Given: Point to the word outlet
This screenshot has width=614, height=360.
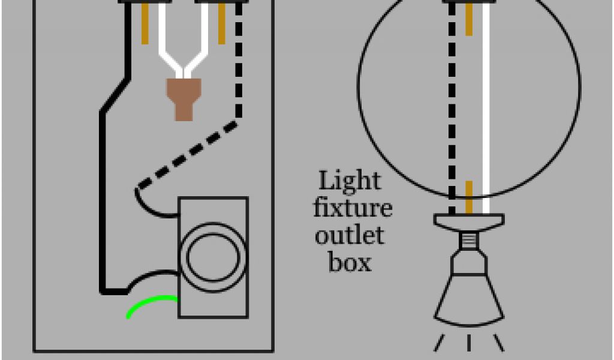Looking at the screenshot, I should click(349, 236).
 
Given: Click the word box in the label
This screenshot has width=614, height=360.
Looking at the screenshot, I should click(350, 262).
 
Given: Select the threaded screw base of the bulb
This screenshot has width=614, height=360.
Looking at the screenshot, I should click(469, 241).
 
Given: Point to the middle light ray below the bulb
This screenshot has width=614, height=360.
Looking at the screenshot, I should click(469, 343).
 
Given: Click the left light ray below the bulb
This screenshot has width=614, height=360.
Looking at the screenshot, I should click(439, 343).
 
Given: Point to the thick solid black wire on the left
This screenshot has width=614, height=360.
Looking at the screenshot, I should click(102, 198).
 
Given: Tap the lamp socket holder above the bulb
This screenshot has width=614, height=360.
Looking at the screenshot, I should click(469, 222).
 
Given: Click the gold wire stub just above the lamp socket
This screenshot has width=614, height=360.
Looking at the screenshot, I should click(469, 197).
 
